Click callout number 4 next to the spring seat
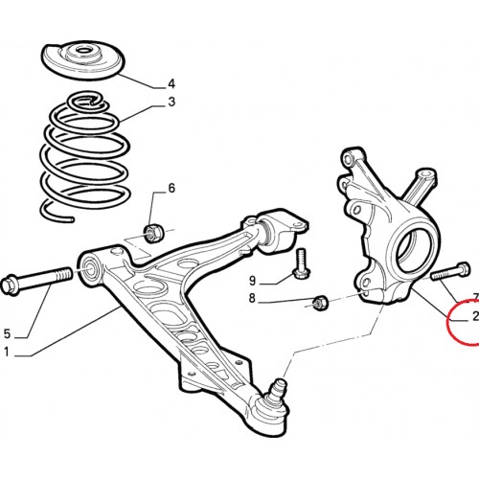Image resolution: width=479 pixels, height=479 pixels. pos(171,84)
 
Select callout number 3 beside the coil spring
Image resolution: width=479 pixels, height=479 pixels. pos(171,102)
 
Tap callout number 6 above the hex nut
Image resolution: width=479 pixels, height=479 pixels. pos(171,188)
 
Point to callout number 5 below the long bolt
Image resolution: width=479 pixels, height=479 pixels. pos(7,334)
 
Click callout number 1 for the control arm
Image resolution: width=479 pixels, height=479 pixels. pos(7,352)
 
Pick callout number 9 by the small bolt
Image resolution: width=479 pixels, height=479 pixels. pos(252,281)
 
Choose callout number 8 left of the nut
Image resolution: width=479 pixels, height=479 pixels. pos(252,299)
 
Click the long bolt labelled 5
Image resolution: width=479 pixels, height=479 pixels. pos(37,280)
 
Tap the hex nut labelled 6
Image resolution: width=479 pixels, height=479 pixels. pos(153,234)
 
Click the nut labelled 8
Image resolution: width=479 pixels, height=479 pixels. pos(320,303)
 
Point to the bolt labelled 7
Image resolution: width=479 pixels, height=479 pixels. pos(450,271)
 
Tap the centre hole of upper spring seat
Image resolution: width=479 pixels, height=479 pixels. pos(83,51)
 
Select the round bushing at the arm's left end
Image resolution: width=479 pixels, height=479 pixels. pos(90,269)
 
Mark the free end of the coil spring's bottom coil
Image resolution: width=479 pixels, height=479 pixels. pos(71,219)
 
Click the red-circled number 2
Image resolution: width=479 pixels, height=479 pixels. pos(475,316)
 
